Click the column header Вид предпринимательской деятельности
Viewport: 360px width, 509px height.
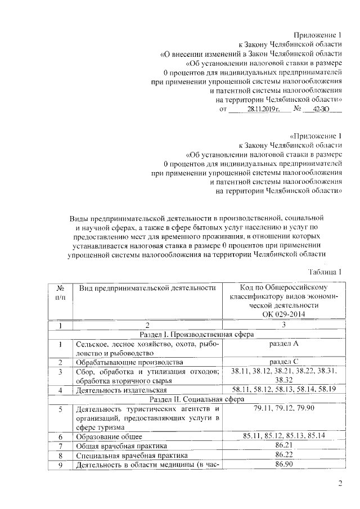pos(147,288)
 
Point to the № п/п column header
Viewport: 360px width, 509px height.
pos(60,292)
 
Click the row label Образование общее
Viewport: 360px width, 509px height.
pos(109,436)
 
